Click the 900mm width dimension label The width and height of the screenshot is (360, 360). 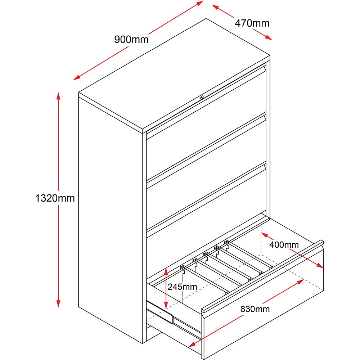(131, 40)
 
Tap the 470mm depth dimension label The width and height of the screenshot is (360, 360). (252, 23)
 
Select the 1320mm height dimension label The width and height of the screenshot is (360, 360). (55, 198)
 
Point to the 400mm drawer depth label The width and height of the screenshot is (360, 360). (284, 245)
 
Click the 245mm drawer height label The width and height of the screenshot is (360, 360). (182, 287)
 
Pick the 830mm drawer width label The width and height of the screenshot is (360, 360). (255, 309)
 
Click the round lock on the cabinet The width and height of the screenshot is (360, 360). (202, 98)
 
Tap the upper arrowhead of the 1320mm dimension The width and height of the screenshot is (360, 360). (59, 96)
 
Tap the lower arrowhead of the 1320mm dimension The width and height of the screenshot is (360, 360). (59, 303)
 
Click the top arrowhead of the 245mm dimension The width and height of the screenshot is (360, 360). (166, 271)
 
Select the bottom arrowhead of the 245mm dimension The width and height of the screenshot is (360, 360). (166, 305)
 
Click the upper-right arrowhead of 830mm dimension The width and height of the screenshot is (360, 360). (300, 282)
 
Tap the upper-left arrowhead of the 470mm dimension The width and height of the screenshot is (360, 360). (215, 6)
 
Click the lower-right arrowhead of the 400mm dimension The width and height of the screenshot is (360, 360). (320, 266)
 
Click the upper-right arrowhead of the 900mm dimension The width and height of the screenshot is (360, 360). (200, 3)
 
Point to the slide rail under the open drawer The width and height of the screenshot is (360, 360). (160, 312)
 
